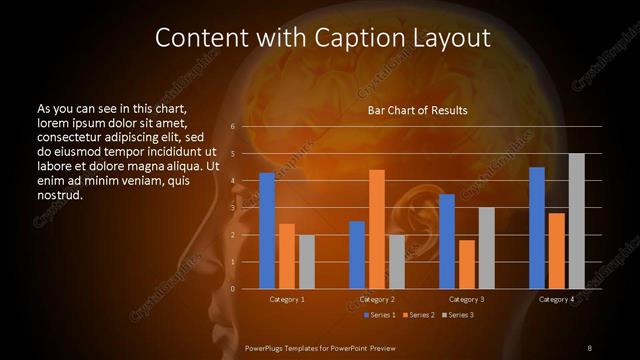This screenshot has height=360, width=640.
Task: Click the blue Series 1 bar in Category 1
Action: tap(267, 231)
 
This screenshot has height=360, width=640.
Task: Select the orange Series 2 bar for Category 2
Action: tap(377, 229)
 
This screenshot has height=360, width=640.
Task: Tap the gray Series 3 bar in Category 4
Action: tap(576, 221)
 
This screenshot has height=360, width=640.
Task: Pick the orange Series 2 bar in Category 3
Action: tap(467, 264)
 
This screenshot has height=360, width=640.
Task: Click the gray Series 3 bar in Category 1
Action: tap(307, 262)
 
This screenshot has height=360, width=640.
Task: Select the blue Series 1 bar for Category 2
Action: tap(357, 255)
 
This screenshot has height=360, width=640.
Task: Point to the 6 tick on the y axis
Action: tap(232, 127)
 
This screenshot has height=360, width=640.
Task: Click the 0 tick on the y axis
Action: tap(232, 289)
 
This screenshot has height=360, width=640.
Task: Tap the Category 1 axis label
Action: tap(287, 299)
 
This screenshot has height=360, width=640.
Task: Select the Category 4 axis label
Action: tap(556, 299)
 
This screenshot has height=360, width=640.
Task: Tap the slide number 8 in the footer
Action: tap(589, 347)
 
